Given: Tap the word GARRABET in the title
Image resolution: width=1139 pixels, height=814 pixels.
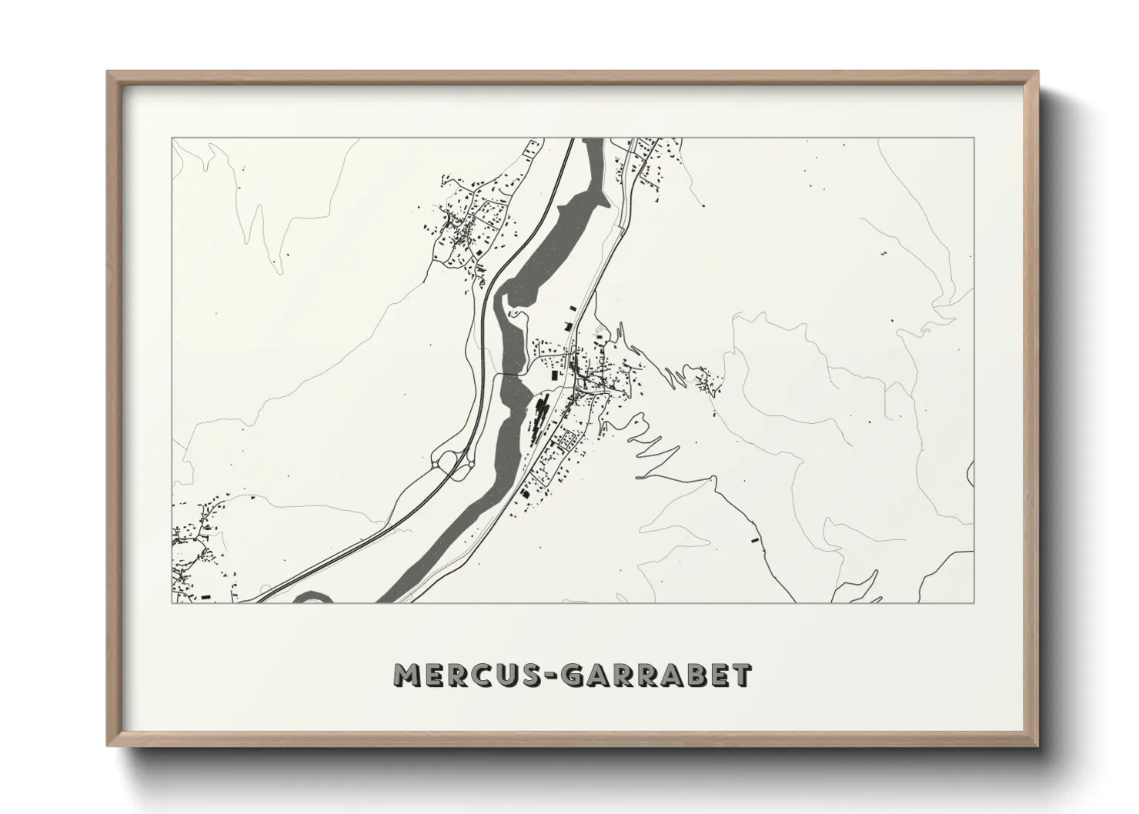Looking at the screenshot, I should tap(656, 676).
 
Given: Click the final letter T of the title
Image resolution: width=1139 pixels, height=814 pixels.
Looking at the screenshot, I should tap(742, 676).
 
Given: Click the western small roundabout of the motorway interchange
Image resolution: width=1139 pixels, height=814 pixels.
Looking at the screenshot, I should tap(443, 462).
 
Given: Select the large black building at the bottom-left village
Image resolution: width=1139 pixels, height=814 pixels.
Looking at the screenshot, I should tap(205, 596).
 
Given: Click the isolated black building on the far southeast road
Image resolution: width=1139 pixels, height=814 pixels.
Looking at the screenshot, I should tap(754, 540).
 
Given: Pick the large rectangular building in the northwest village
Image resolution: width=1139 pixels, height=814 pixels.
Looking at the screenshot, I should tap(478, 251).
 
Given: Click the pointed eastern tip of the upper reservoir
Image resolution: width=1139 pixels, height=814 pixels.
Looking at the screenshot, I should tap(608, 202).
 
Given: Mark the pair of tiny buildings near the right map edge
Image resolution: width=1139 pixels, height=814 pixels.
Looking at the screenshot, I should tap(883, 254).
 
